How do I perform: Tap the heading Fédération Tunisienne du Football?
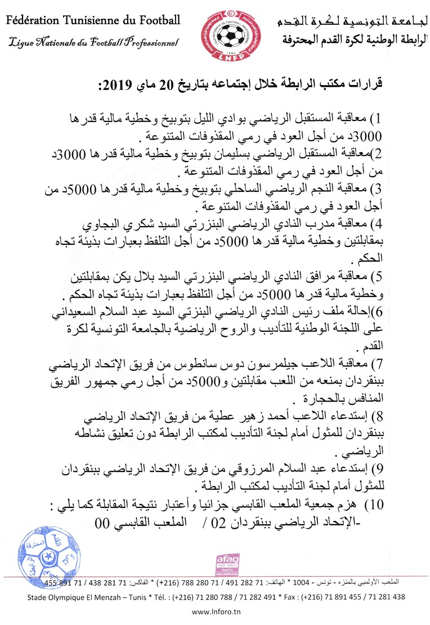[94, 21]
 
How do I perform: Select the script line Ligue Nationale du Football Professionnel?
[93, 42]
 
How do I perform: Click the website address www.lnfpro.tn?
[215, 613]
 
